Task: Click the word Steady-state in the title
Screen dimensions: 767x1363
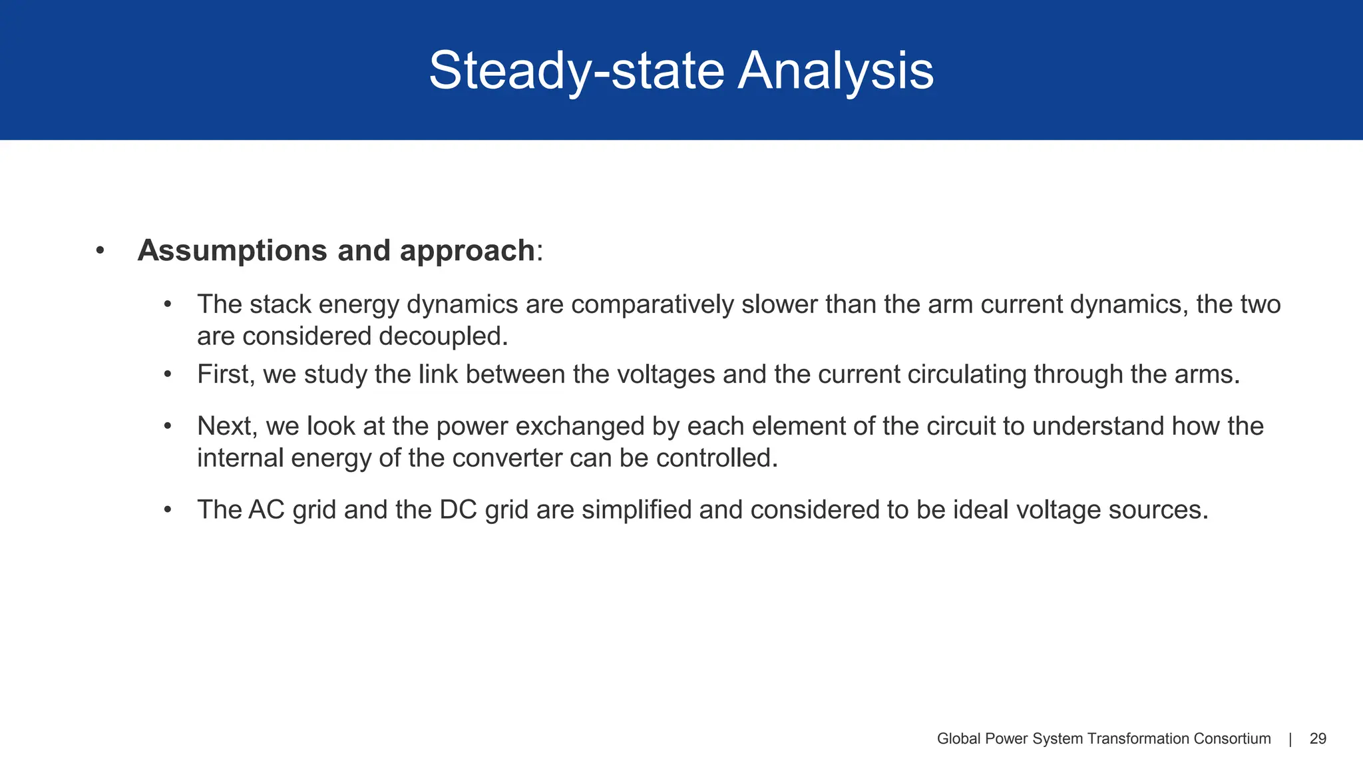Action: point(576,71)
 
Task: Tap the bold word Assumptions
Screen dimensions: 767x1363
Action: point(232,251)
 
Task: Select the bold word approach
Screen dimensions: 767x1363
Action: point(467,251)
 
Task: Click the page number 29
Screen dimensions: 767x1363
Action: point(1318,739)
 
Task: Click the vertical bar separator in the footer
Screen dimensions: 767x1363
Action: point(1290,739)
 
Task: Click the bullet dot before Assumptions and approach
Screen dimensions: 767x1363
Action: point(100,251)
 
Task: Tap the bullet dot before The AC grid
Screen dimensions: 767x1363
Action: point(168,510)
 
